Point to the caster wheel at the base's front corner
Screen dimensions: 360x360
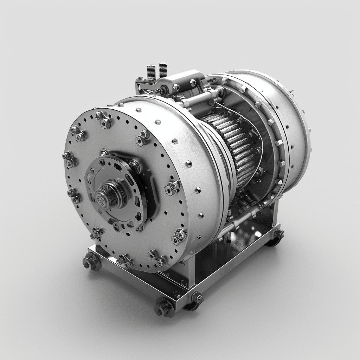pyautogui.click(x=163, y=307)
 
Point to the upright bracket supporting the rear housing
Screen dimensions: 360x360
pyautogui.click(x=271, y=214)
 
